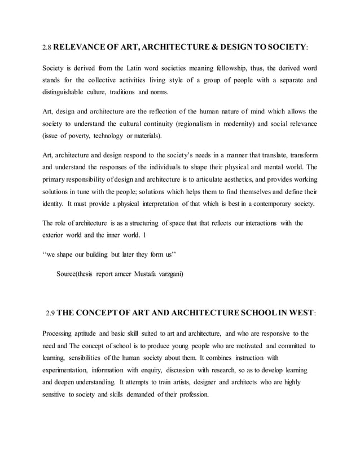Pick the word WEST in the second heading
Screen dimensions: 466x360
294,313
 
